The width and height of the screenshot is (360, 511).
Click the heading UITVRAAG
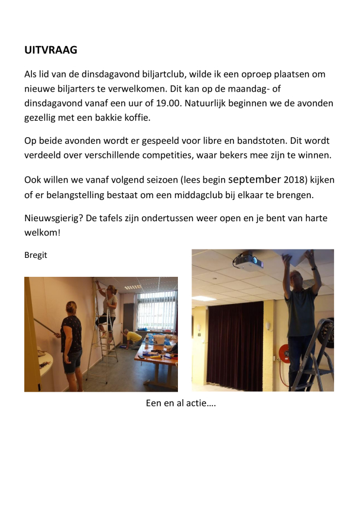[51, 50]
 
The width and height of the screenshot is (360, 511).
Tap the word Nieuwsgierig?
[54, 218]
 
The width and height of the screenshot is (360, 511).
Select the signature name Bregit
[35, 256]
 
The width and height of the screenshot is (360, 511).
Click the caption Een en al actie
[180, 404]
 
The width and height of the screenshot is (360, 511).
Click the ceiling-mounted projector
[248, 260]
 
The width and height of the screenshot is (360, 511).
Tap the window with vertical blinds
[157, 311]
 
